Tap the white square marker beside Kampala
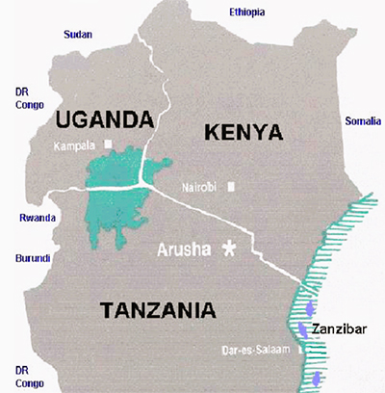click(110, 144)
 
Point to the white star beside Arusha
click(229, 248)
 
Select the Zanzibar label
click(343, 328)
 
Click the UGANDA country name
click(105, 119)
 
